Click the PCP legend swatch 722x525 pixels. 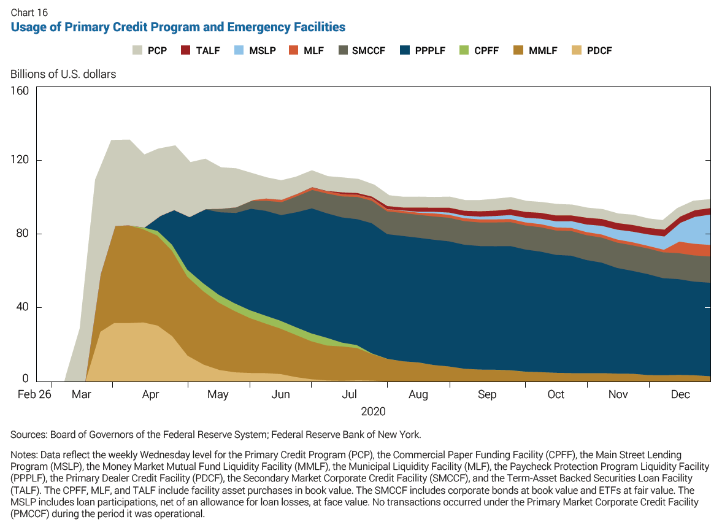pos(137,50)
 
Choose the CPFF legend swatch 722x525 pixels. pos(464,50)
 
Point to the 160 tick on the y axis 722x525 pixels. pos(20,91)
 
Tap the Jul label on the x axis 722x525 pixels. pos(349,395)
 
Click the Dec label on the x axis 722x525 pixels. pos(680,395)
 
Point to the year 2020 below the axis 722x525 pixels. pos(373,411)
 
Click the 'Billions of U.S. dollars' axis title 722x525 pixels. pos(63,74)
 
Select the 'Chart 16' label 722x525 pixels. pos(29,12)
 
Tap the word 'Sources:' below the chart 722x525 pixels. pos(28,435)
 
